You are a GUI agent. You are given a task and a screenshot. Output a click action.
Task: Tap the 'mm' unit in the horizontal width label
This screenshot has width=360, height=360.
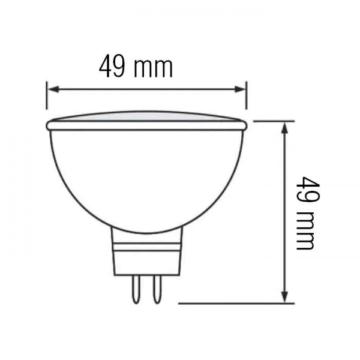coord(153,68)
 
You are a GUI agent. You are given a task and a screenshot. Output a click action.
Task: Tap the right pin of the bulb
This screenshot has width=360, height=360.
coord(156,289)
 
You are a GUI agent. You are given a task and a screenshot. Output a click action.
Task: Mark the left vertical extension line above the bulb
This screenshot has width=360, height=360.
coord(47,96)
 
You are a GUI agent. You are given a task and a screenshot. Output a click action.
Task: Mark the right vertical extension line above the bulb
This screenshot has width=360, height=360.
coord(246,96)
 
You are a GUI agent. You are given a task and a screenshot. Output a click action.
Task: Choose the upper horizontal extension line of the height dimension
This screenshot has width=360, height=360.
coord(273,121)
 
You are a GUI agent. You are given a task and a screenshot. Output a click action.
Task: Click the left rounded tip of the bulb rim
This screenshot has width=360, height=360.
coord(49,125)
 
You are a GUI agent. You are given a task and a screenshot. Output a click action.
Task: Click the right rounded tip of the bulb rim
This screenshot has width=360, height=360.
coord(244,125)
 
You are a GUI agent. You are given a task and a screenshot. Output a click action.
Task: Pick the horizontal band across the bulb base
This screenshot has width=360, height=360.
coord(146,247)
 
